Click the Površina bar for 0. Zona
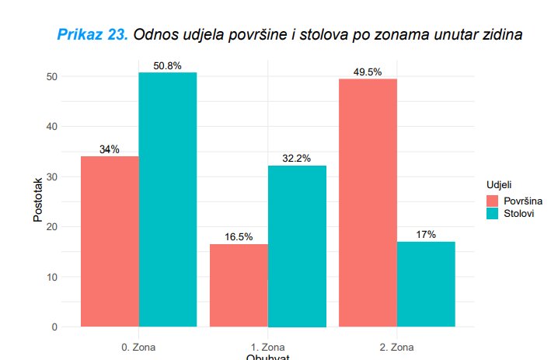tap(110, 241)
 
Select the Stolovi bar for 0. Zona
tap(168, 199)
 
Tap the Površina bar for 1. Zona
tap(239, 285)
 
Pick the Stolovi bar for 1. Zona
tap(297, 246)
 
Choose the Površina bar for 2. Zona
tap(368, 202)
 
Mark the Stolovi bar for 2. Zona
tap(426, 284)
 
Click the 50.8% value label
tap(167, 66)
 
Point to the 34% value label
tap(110, 150)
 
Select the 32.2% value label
tap(296, 159)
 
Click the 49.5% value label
tap(367, 72)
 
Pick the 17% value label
tap(426, 235)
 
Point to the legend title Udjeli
tap(499, 186)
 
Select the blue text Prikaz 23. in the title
tap(93, 35)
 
